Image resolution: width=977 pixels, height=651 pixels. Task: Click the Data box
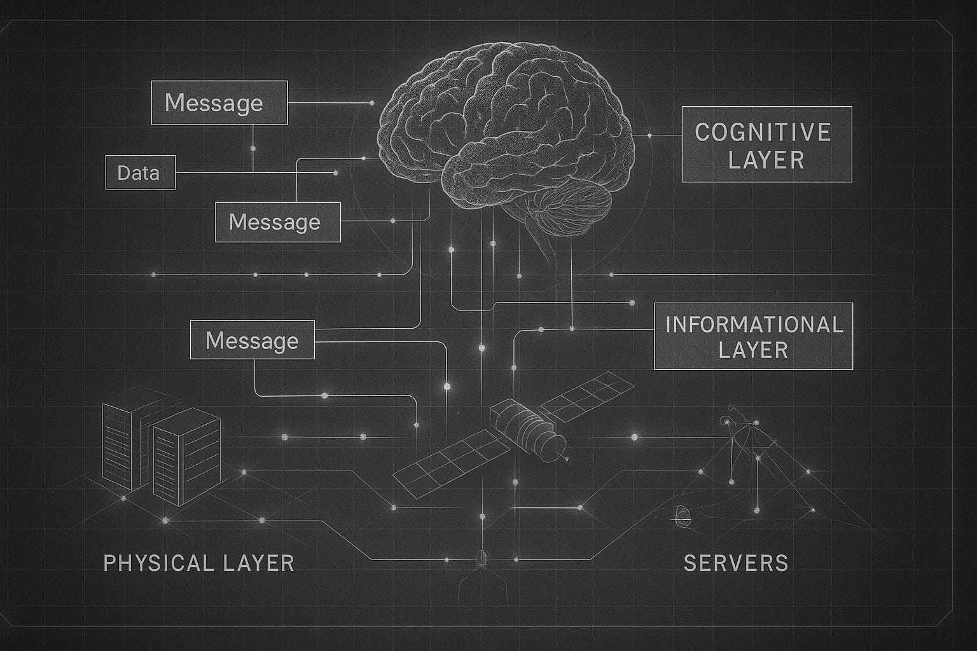click(x=140, y=172)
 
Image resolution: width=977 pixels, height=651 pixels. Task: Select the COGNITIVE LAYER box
click(x=766, y=144)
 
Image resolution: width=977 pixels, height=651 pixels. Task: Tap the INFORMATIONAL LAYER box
click(x=754, y=336)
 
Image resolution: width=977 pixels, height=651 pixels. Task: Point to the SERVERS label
click(x=736, y=563)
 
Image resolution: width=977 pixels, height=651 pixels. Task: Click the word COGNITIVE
click(x=763, y=132)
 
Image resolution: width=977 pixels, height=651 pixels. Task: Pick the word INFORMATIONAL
click(x=754, y=324)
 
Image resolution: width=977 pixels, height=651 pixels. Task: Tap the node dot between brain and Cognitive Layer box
click(x=649, y=135)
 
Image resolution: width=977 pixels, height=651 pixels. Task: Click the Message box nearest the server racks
click(x=253, y=340)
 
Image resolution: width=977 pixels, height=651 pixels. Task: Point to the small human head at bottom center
click(x=482, y=558)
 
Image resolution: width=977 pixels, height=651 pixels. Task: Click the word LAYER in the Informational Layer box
click(x=754, y=350)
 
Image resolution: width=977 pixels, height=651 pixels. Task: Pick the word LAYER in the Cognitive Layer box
click(x=766, y=159)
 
